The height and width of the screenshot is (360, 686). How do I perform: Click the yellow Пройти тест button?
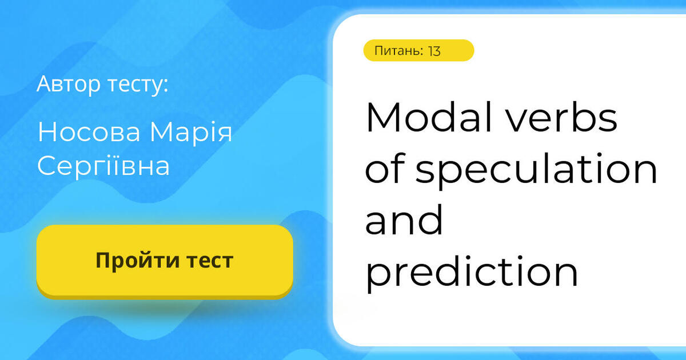coord(165,261)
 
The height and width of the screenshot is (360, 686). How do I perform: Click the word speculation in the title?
coord(536,170)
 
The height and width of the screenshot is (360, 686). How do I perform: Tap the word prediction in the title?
coord(472,273)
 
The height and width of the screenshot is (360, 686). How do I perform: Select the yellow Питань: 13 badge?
coord(418,51)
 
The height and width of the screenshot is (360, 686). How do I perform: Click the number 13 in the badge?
coord(434,51)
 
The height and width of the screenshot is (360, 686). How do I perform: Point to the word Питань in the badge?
coord(398,51)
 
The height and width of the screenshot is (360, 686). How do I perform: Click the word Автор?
coord(69,84)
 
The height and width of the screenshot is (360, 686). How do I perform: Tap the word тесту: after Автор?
coord(138,85)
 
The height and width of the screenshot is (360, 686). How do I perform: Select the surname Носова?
coord(89,132)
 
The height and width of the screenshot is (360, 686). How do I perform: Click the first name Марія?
coord(191,132)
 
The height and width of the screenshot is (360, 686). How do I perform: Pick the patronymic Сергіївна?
coord(103,166)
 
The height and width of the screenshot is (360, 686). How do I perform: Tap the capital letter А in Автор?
coord(43,84)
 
